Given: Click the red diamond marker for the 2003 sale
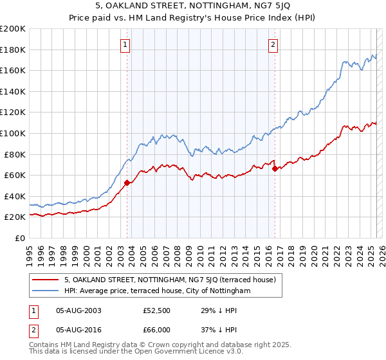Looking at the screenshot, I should pos(127,183).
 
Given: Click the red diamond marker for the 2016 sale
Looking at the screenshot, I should pos(275,169).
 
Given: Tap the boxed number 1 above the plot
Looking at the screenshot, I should pos(125,44).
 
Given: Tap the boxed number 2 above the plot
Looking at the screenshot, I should pos(273,44).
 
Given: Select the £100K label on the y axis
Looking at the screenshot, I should pos(13,133).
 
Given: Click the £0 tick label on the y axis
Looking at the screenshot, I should pos(19,238).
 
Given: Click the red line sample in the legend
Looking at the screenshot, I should pos(46,280).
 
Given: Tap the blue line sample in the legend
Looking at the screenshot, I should pos(46,291).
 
